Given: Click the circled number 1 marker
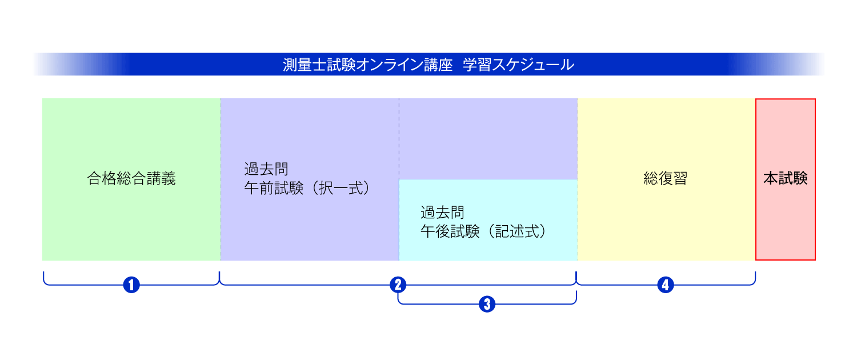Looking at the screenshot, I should point(131,285).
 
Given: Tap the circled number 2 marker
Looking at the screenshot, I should point(398,285).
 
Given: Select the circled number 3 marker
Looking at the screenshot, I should point(487,304).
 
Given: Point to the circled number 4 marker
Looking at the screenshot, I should point(665,285).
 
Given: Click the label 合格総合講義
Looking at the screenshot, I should point(131,179).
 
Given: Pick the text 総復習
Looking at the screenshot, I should point(665,179).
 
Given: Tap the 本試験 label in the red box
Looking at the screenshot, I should point(785,179).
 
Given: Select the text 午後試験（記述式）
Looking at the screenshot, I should point(483,232).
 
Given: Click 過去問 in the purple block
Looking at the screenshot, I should point(266,170).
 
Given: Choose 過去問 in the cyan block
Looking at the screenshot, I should point(442,213).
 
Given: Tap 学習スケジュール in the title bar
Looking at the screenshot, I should point(518,65).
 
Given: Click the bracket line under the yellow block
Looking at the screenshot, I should point(708,284).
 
